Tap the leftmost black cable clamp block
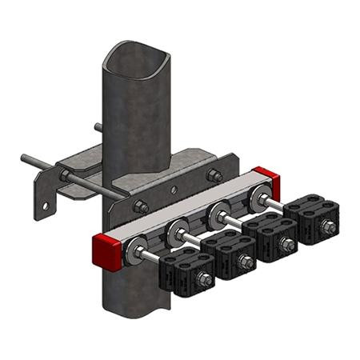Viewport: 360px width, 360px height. [x=185, y=270]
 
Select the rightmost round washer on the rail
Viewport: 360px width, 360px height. [x=258, y=198]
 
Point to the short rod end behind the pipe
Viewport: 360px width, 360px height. [x=98, y=126]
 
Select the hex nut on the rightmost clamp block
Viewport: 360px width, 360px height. [x=328, y=230]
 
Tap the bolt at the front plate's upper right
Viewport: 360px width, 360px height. [x=214, y=174]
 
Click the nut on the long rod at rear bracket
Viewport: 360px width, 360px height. [x=64, y=174]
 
